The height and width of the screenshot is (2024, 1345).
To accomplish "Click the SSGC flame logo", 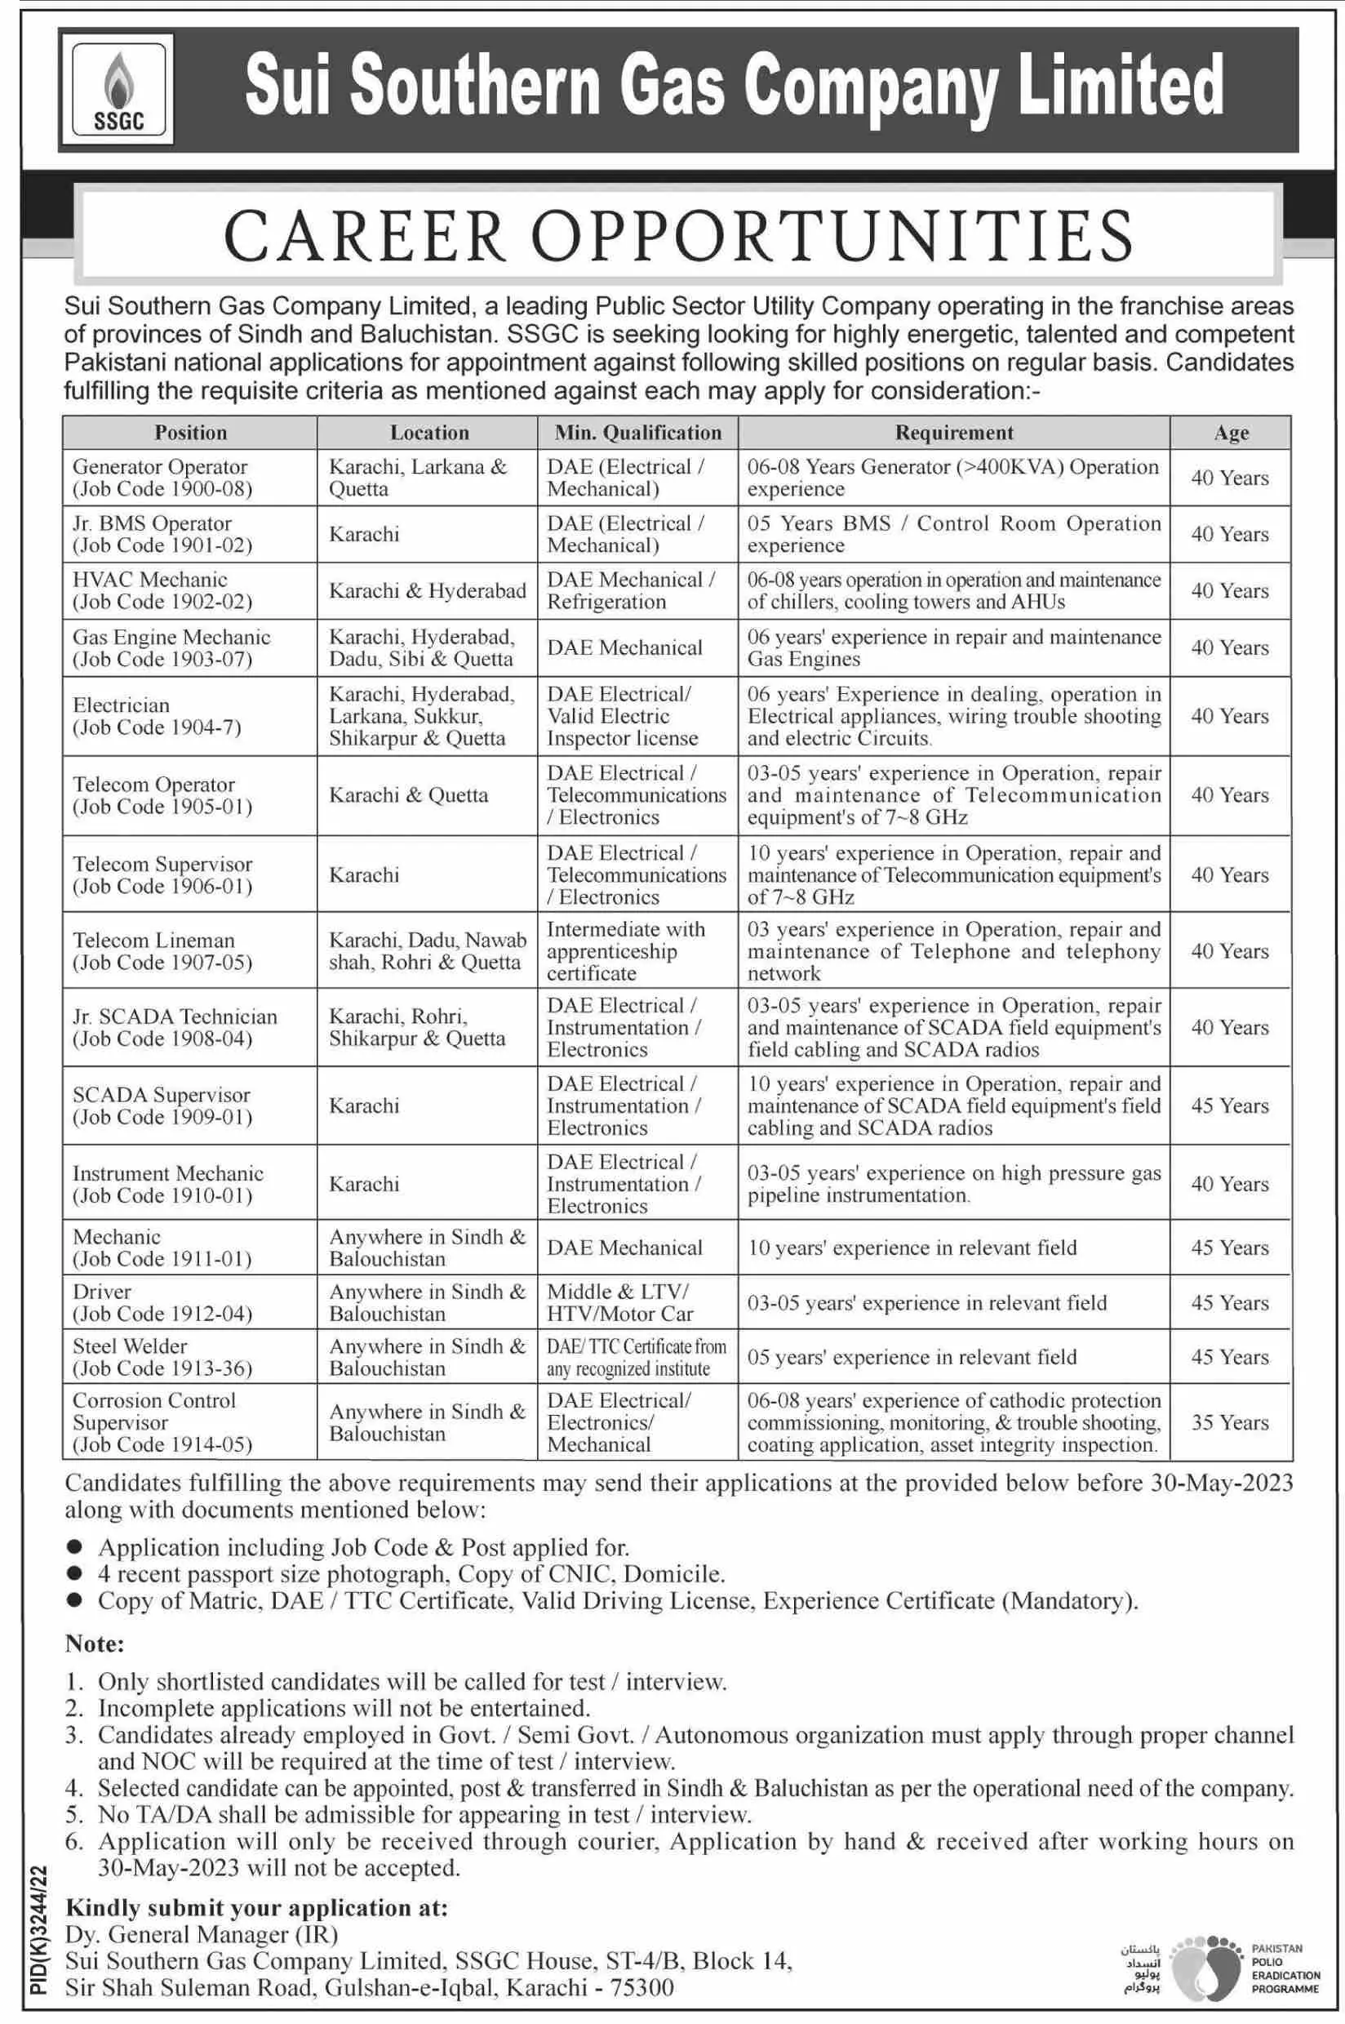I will pyautogui.click(x=118, y=90).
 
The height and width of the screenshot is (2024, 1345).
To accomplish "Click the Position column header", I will pyautogui.click(x=190, y=433).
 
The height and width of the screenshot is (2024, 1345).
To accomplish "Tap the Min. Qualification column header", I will pyautogui.click(x=637, y=433).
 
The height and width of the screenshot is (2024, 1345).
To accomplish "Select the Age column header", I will pyautogui.click(x=1230, y=433).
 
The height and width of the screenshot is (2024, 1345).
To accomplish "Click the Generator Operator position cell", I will pyautogui.click(x=162, y=478).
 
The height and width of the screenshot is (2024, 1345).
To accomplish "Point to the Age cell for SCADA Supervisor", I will pyautogui.click(x=1229, y=1105).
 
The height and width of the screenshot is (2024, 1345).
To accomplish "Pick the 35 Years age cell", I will pyautogui.click(x=1229, y=1421).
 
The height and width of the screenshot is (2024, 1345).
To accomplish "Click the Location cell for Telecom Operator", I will pyautogui.click(x=408, y=795).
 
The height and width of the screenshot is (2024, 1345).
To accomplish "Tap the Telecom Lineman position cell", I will pyautogui.click(x=162, y=950).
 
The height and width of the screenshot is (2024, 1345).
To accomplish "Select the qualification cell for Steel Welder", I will pyautogui.click(x=637, y=1356).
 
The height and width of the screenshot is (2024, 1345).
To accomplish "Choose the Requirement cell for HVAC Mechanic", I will pyautogui.click(x=953, y=590).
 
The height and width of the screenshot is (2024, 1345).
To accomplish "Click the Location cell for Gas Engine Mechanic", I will pyautogui.click(x=422, y=647).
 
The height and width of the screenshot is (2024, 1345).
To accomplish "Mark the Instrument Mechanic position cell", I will pyautogui.click(x=167, y=1184).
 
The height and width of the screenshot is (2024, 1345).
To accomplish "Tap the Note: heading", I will pyautogui.click(x=95, y=1643).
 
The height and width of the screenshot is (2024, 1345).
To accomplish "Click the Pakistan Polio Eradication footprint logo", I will pyautogui.click(x=1205, y=1964).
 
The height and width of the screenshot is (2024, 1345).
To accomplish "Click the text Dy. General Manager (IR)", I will pyautogui.click(x=202, y=1934).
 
